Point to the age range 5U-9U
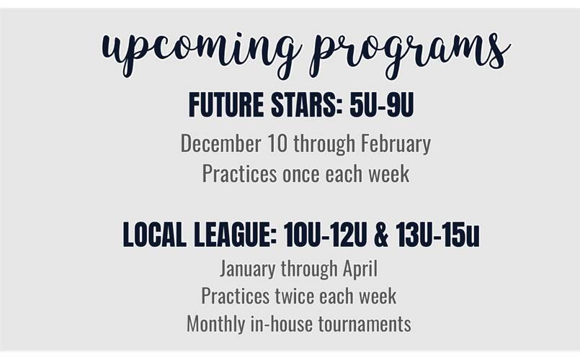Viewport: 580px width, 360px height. (382, 106)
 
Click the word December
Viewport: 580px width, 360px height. (219, 143)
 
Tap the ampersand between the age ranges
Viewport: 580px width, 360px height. (383, 236)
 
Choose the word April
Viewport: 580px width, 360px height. (359, 270)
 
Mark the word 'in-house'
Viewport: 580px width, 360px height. (280, 323)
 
